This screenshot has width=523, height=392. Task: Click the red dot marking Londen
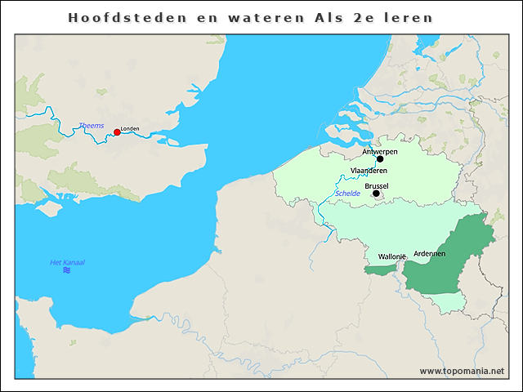[x=117, y=132]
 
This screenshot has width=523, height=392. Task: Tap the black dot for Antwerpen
[x=380, y=158]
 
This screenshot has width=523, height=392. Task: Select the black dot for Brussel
[x=376, y=194]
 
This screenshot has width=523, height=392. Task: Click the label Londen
[x=130, y=129]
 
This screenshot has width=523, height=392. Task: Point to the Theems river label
[x=91, y=125]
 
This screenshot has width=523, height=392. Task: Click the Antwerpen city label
[x=380, y=151]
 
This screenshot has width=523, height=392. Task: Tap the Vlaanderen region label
[x=369, y=170]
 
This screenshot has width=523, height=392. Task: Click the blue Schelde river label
[x=347, y=194]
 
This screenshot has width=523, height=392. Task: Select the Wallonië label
[x=392, y=256]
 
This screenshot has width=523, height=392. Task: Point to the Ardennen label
[x=430, y=254]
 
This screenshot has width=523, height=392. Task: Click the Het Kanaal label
[x=67, y=262]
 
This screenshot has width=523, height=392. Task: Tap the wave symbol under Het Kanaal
[x=66, y=270]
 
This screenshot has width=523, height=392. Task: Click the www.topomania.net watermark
[x=462, y=371]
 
